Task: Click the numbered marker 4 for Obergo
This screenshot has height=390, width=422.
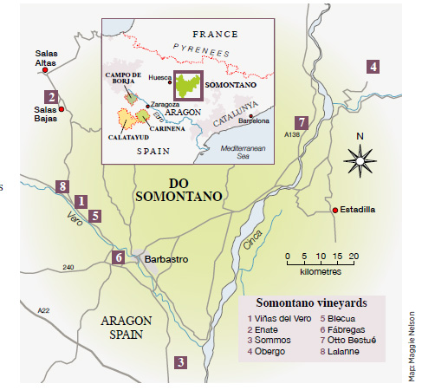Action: [373, 66]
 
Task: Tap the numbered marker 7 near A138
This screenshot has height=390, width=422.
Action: [301, 122]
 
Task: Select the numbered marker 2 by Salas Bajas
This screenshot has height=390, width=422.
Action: [52, 97]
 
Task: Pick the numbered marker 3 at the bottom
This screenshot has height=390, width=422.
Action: [180, 362]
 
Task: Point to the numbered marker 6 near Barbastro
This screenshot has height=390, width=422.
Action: [119, 257]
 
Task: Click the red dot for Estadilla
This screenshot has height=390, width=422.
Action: [334, 210]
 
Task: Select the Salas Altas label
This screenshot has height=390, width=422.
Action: [45, 58]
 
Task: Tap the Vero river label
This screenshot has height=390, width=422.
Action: [75, 220]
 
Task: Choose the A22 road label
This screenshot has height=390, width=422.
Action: [43, 309]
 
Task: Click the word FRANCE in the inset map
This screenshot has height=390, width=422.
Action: [215, 34]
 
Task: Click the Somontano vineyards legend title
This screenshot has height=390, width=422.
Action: [311, 302]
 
